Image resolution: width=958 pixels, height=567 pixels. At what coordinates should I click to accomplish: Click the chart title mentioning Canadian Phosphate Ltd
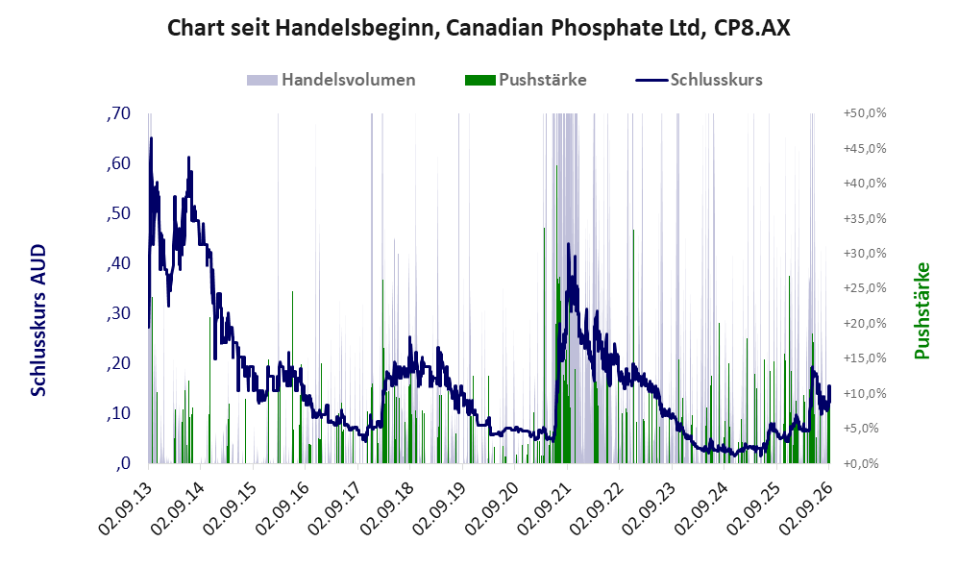point(479,28)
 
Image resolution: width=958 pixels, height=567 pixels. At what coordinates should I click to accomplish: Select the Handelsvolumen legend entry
point(332,80)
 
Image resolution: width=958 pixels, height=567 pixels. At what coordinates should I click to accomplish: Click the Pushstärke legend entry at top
point(526,80)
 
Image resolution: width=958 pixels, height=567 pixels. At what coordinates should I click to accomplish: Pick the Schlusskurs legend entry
point(699,80)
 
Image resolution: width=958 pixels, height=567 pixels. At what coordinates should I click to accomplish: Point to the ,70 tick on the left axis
point(118,113)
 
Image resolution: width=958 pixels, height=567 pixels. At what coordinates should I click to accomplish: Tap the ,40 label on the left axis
point(118,263)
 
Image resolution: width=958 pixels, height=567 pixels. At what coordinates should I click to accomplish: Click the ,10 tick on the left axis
point(118,413)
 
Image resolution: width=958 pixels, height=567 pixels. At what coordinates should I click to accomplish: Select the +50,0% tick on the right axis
point(865,113)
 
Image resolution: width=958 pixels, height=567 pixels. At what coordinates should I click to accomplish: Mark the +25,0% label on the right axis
point(865,287)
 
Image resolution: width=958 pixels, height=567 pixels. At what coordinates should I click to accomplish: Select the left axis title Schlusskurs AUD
point(37,320)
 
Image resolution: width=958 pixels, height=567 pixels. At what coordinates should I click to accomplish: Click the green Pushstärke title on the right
point(921,310)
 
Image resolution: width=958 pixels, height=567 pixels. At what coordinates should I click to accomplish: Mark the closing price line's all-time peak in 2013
point(151,138)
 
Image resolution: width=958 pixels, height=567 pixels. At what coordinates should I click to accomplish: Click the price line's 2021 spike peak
point(568,244)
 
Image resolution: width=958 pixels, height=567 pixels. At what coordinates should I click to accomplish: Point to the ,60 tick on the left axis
point(118,163)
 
